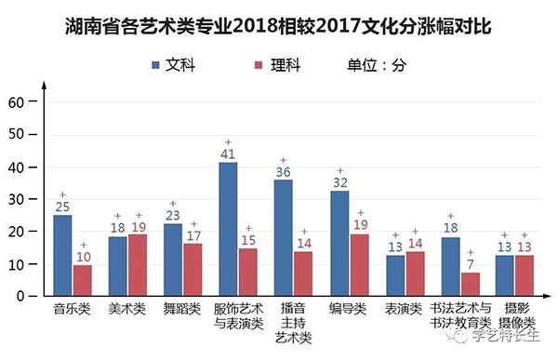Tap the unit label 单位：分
(378, 65)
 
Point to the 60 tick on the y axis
(16, 101)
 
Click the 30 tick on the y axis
(16, 199)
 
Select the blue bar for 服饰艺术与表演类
(228, 229)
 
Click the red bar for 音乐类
(83, 280)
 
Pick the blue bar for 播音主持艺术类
(283, 237)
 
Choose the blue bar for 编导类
(340, 243)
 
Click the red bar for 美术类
(138, 264)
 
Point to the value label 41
(228, 154)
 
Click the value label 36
(283, 171)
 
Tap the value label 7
(471, 264)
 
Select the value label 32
(340, 182)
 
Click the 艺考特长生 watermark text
(508, 345)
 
